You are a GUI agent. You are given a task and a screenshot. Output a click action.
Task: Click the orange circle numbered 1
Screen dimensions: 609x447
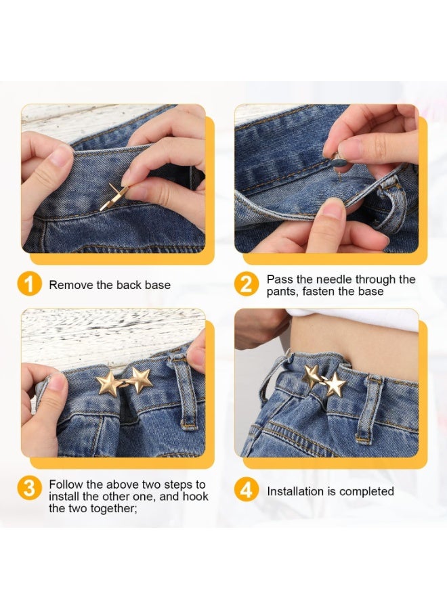[30, 285]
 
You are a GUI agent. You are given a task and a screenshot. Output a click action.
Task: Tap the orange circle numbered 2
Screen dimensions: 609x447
[246, 285]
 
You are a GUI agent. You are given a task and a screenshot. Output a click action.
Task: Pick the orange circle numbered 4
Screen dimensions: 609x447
[246, 491]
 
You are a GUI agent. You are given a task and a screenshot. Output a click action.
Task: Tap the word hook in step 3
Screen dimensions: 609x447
[196, 497]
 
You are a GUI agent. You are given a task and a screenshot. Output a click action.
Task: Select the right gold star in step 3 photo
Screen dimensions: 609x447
[140, 380]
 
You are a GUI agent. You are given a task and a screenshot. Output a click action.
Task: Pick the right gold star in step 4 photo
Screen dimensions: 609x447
[335, 385]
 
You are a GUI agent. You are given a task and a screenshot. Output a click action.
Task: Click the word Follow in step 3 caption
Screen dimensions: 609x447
[65, 484]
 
